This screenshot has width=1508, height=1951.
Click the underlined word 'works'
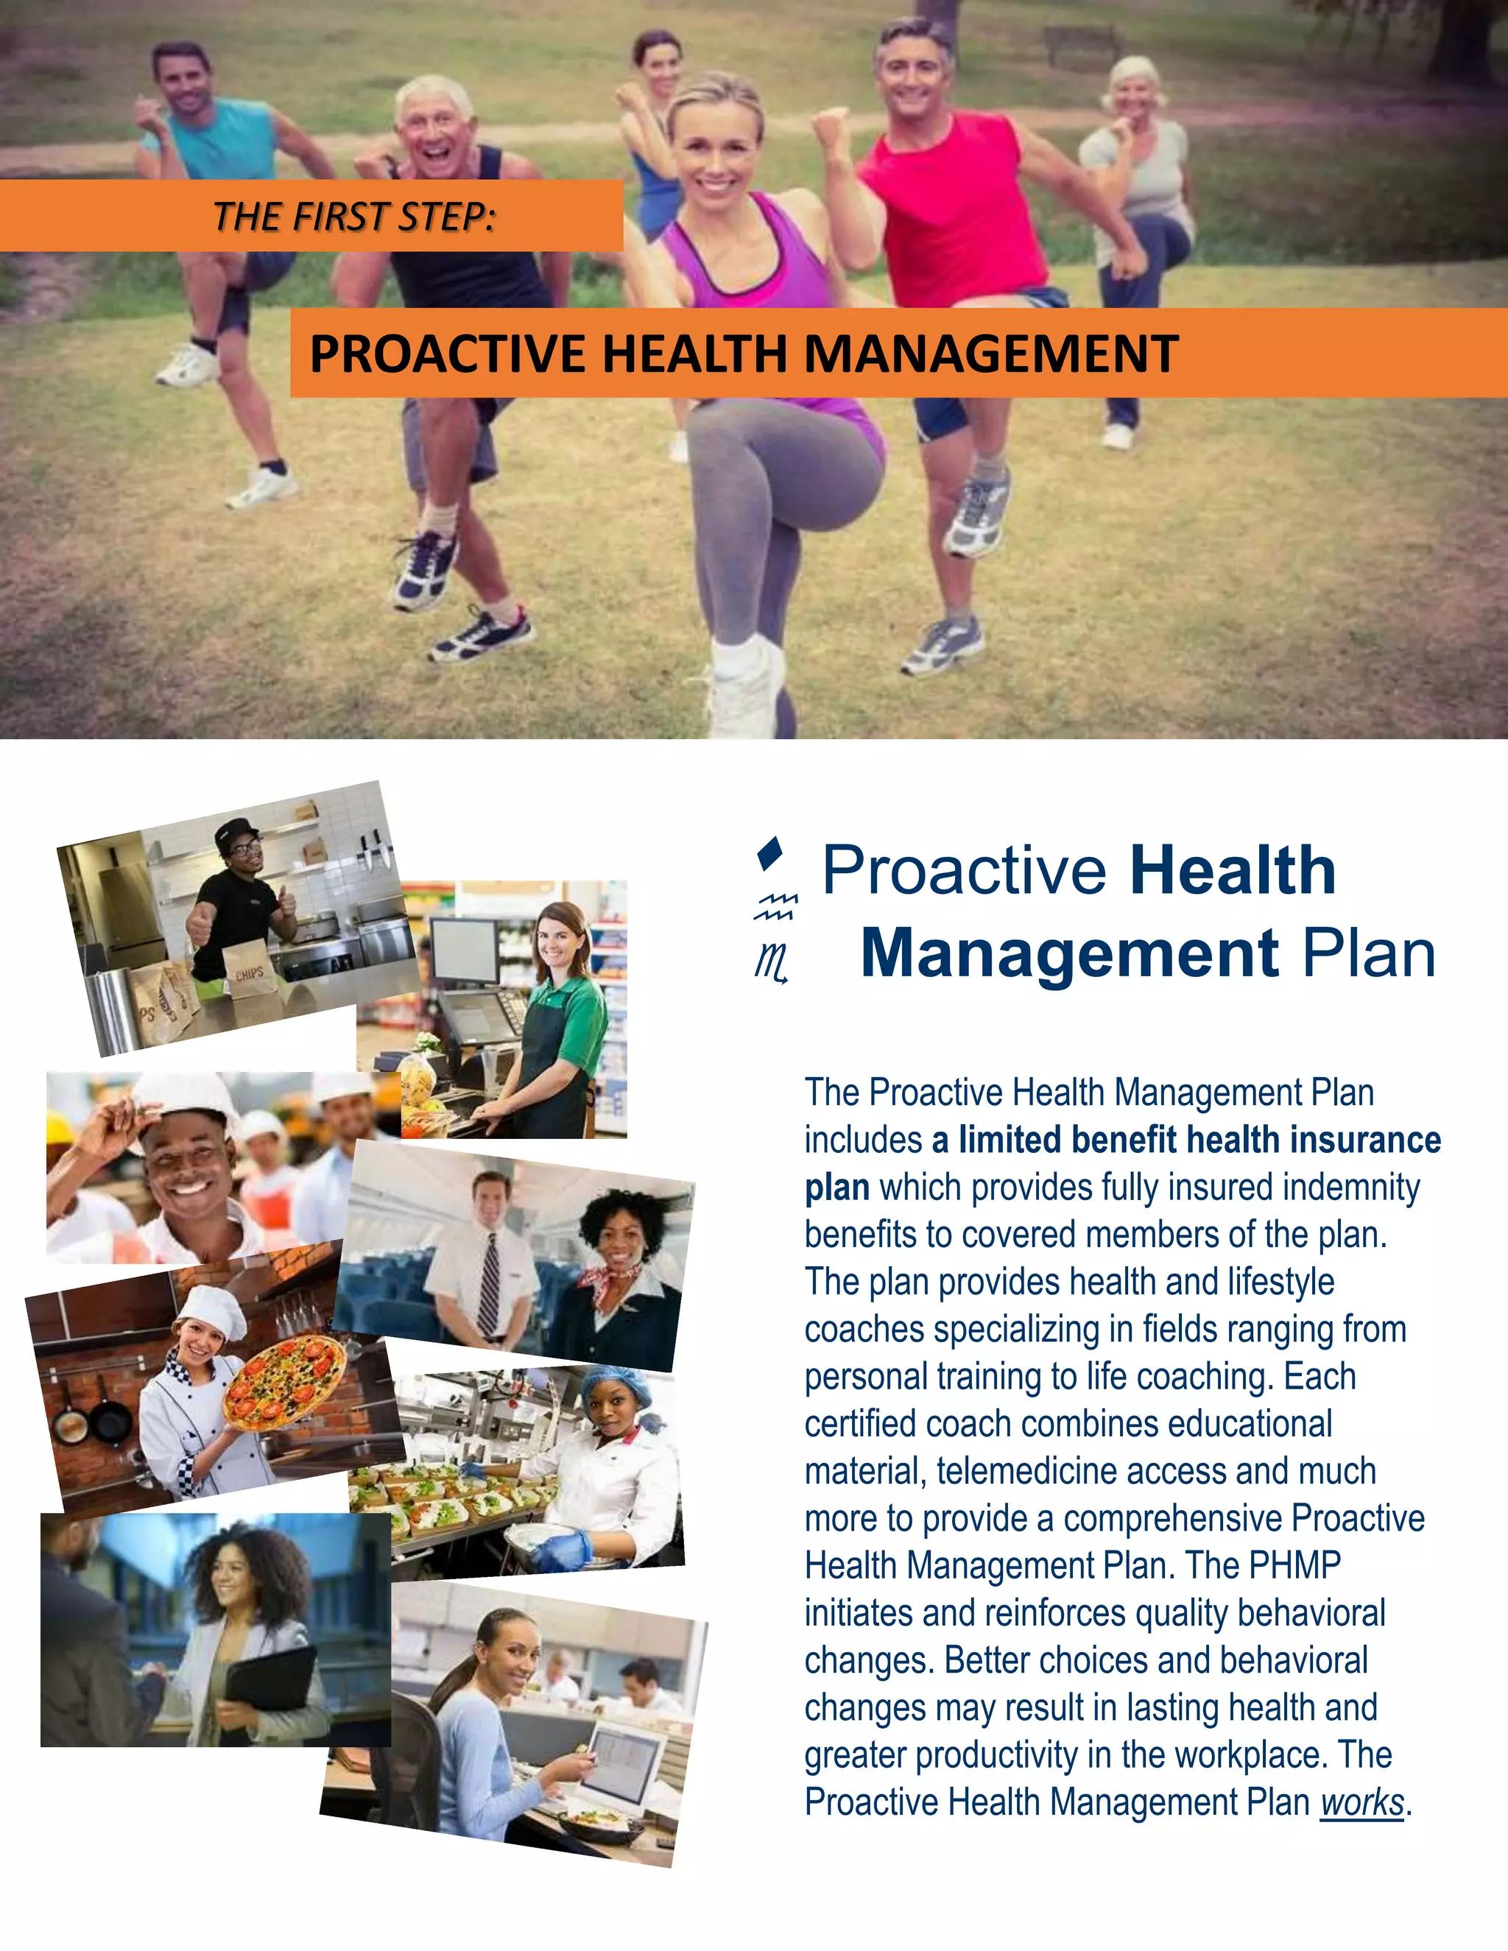click(1362, 1803)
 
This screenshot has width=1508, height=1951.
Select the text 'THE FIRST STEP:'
click(353, 217)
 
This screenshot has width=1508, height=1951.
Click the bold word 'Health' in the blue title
click(1232, 870)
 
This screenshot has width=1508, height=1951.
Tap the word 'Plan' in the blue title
click(1368, 954)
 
